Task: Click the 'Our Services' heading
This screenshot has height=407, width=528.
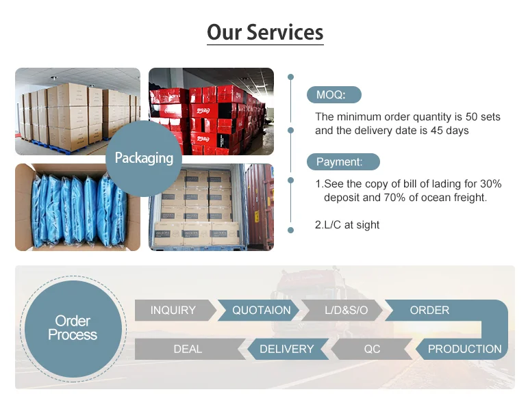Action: tap(264, 32)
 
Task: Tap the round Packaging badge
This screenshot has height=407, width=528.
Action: tap(144, 158)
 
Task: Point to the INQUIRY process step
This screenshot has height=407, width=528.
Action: tap(173, 310)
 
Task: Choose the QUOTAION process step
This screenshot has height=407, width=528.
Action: tap(261, 310)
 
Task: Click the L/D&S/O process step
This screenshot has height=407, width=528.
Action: tap(346, 310)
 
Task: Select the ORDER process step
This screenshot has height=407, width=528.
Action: tap(429, 310)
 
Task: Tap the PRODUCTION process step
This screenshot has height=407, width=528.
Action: tap(464, 349)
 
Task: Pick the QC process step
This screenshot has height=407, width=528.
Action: tap(372, 349)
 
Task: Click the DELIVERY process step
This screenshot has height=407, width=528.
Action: tap(286, 349)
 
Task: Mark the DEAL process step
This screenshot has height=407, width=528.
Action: tap(188, 349)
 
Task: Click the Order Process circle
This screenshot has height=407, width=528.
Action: tap(72, 328)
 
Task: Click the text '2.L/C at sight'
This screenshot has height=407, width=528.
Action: tap(347, 224)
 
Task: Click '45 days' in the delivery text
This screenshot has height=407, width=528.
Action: tap(449, 130)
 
